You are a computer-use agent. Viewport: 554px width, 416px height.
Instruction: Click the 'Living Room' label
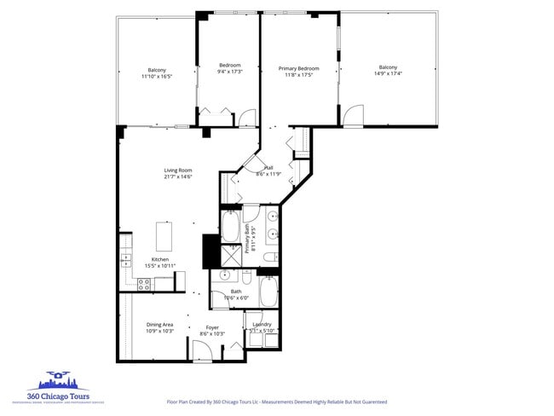(x=178, y=170)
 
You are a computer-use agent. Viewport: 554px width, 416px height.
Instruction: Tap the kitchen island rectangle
(x=164, y=234)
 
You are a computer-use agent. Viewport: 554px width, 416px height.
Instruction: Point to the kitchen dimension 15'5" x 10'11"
(x=159, y=267)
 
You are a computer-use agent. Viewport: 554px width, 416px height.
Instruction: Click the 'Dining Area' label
(x=159, y=324)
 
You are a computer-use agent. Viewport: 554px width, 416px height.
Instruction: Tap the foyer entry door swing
(x=202, y=350)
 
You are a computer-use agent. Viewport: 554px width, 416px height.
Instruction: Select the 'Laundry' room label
(x=262, y=324)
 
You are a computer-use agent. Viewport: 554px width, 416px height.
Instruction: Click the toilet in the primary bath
(x=268, y=257)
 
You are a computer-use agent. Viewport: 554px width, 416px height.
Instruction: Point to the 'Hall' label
(x=268, y=168)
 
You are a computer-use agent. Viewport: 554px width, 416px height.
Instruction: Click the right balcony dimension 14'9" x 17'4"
(x=388, y=74)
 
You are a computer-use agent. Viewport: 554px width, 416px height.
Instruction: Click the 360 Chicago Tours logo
(x=57, y=386)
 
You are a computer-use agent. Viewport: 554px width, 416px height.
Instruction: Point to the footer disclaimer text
(x=276, y=401)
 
